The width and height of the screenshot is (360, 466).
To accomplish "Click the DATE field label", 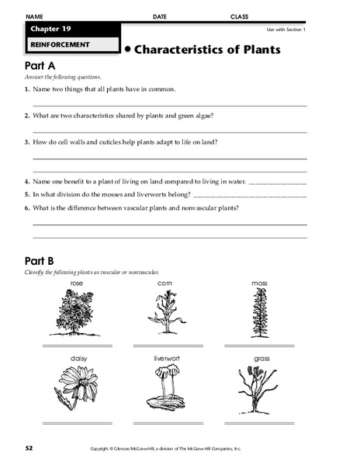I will pyautogui.click(x=159, y=16).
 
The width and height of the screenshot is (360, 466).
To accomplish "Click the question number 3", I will pyautogui.click(x=27, y=142).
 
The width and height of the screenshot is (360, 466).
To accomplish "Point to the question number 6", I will pyautogui.click(x=27, y=208).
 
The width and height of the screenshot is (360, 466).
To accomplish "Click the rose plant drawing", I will pyautogui.click(x=76, y=314).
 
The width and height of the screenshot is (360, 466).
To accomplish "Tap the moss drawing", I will pyautogui.click(x=258, y=314).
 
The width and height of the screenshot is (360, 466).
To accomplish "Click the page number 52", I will pyautogui.click(x=29, y=448).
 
